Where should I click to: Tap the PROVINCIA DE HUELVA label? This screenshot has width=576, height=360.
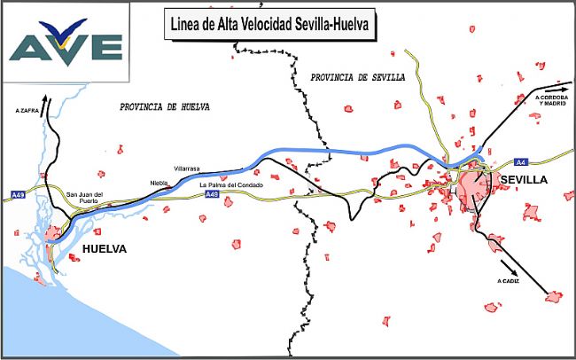(x=164, y=106)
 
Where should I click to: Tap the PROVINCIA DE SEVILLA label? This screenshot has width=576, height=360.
(x=357, y=78)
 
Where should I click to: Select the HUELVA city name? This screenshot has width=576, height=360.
(x=104, y=249)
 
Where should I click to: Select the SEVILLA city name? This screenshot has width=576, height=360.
(x=524, y=180)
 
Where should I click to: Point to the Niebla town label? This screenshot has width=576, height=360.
(x=160, y=183)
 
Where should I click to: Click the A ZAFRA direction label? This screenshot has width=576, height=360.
(x=27, y=111)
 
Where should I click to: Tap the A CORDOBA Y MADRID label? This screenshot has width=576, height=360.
(x=552, y=99)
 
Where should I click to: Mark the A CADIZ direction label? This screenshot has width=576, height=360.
(x=507, y=280)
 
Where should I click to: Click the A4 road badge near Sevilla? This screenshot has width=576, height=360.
(x=519, y=162)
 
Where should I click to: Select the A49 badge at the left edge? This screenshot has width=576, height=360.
(x=18, y=193)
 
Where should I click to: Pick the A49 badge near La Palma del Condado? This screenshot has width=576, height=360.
(x=213, y=194)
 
